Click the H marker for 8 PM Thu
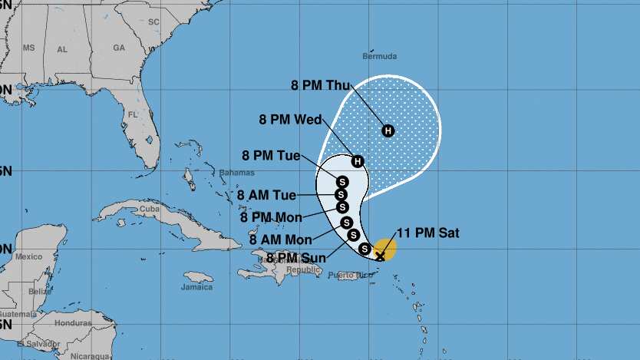pos(388,130)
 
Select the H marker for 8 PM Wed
pos(358,160)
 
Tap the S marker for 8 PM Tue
pos(341,181)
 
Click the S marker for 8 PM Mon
pos(342,206)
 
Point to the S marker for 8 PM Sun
pos(365,248)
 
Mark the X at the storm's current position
pos(380,255)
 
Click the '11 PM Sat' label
pos(428,233)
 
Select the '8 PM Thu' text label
pos(320,85)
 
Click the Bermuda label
pos(380,57)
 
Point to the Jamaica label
pos(197,287)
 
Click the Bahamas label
pos(236,173)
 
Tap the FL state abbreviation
pos(132,114)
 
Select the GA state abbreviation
pos(119,48)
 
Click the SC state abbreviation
pos(153,21)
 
